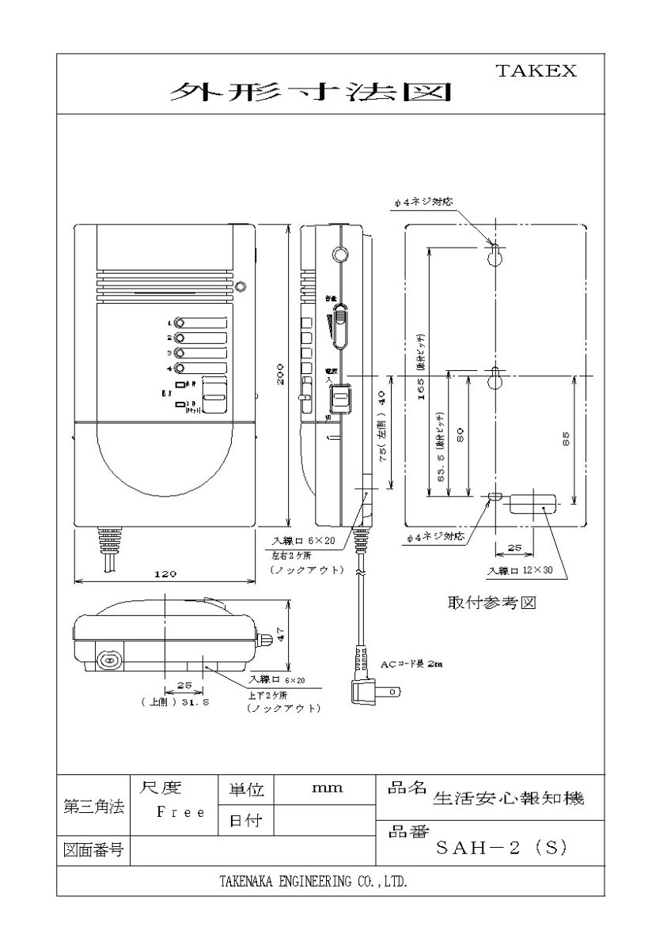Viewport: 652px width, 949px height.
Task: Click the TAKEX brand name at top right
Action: click(536, 70)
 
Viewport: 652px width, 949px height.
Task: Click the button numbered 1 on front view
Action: click(180, 323)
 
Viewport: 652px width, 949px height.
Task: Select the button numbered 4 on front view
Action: click(180, 369)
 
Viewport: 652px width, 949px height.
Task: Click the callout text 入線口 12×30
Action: click(521, 570)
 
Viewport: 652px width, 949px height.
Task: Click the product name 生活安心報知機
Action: click(509, 799)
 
